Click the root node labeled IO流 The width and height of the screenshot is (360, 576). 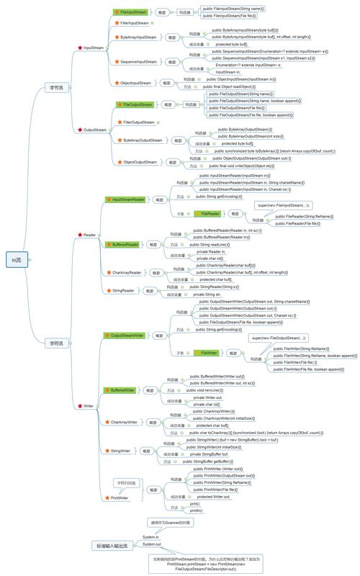coord(16,258)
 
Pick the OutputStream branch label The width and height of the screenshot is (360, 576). coord(95,130)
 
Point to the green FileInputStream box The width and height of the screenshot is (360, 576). coord(134,13)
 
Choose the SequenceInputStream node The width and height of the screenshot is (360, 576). coord(139,62)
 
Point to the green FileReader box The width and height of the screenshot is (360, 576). coord(211,214)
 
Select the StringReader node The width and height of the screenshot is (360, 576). coord(123,290)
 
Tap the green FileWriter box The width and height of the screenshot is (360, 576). coord(210,353)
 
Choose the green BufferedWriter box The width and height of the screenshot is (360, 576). coord(123,390)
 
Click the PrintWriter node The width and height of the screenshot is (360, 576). coord(119,497)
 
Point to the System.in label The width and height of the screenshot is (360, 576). coord(150,537)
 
